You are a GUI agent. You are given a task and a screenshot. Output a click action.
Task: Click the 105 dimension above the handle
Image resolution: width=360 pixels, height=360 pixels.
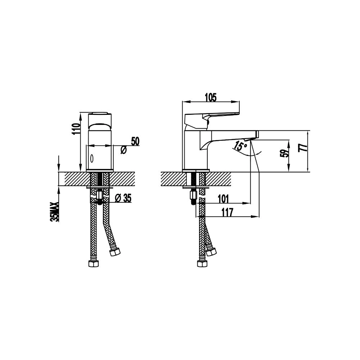pos(211,97)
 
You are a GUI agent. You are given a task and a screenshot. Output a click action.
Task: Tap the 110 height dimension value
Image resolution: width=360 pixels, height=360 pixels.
pos(76,129)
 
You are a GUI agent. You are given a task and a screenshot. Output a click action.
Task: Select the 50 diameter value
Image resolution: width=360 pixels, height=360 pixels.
pos(135,141)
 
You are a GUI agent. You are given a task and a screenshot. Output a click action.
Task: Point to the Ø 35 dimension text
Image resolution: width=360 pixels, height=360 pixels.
pos(123,198)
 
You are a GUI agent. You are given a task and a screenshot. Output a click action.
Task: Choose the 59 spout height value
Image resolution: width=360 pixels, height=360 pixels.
pos(284,153)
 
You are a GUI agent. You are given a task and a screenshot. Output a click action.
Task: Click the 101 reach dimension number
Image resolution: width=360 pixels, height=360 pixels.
pos(223,199)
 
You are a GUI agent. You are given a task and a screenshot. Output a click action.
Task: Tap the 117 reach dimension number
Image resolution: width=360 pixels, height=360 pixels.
pos(227,212)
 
